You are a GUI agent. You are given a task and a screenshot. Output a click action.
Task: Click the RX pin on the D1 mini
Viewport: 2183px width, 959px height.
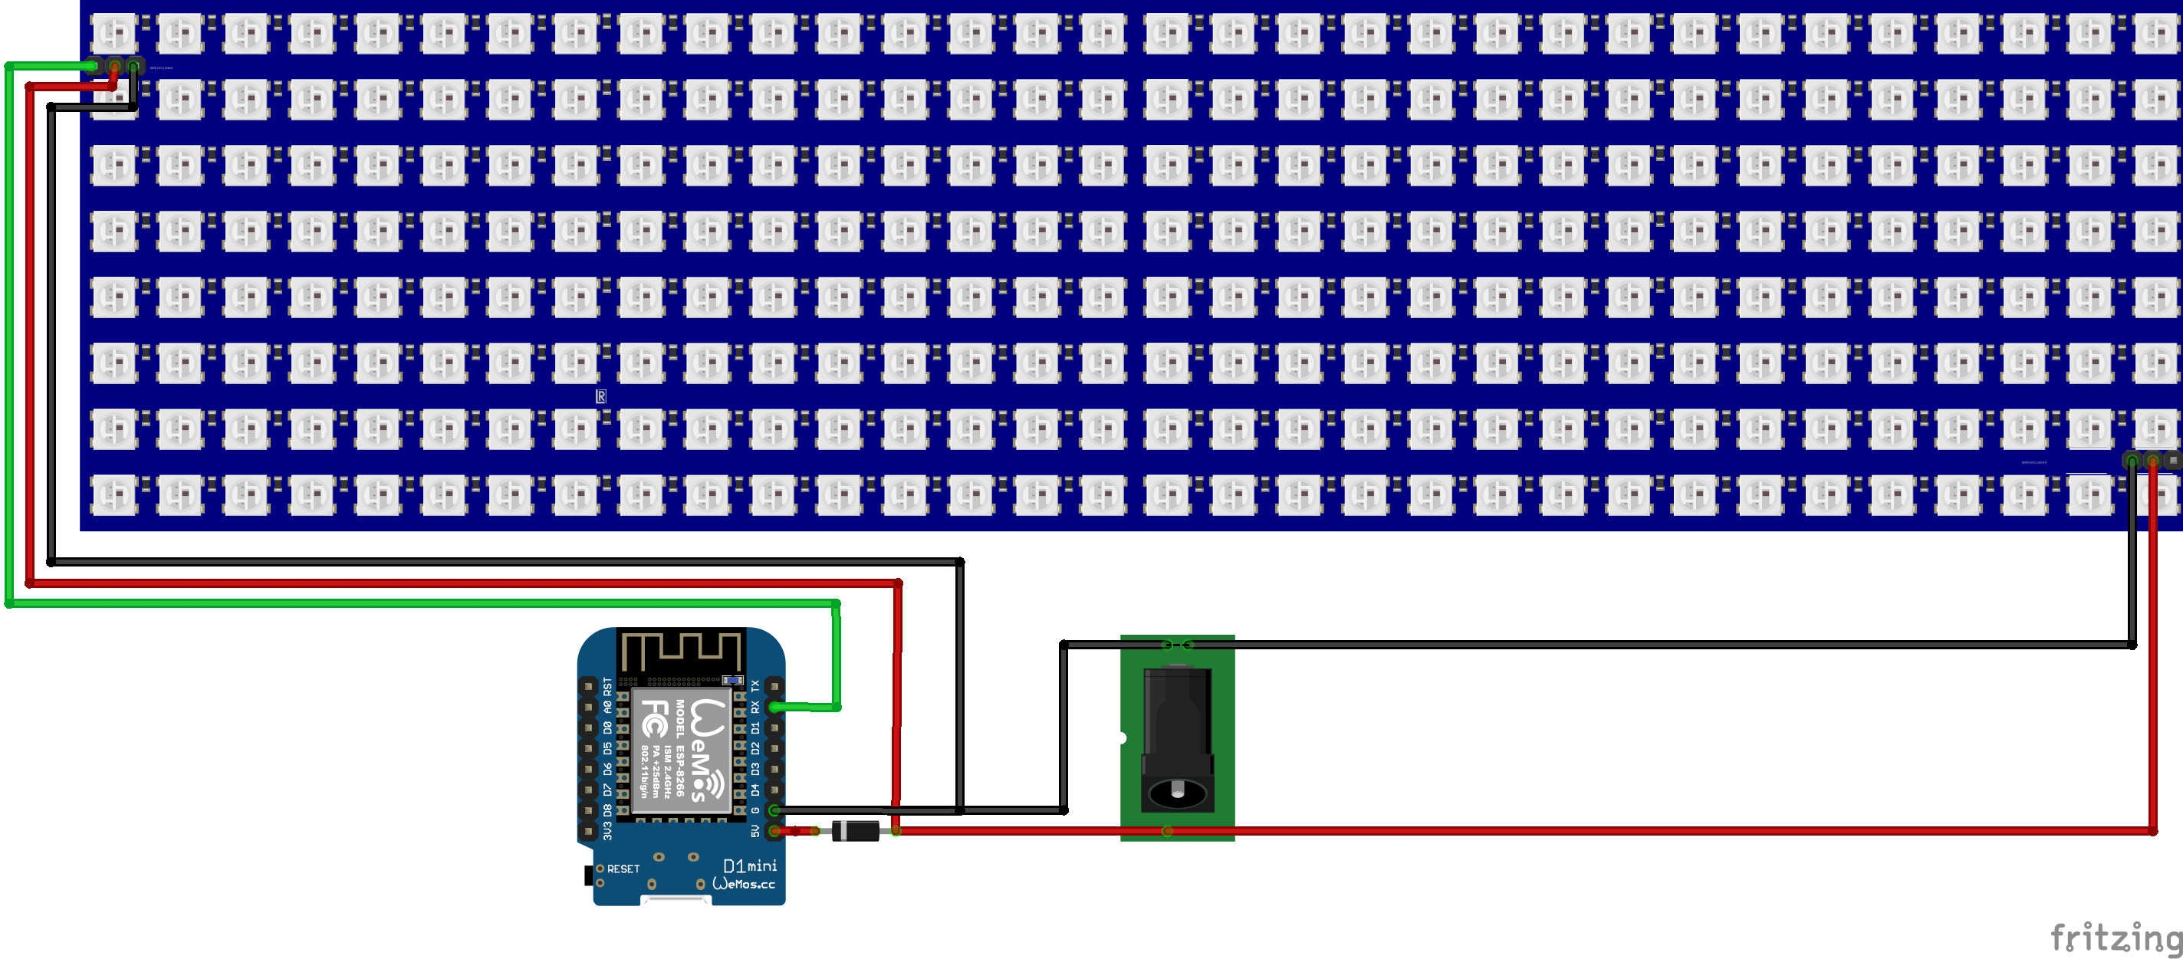(x=774, y=707)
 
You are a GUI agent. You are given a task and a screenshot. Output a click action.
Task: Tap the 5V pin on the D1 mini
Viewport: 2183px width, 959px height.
(x=774, y=831)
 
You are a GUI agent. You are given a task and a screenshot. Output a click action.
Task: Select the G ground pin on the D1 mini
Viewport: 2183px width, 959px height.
(x=774, y=811)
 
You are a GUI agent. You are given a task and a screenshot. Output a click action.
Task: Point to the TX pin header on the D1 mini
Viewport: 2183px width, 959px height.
(x=774, y=685)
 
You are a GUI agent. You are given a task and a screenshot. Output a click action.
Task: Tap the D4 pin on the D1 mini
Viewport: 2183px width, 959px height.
(x=774, y=790)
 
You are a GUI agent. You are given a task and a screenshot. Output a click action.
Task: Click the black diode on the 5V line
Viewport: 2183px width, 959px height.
(x=855, y=831)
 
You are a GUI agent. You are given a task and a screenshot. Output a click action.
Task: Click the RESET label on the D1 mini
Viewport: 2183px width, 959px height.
(x=623, y=869)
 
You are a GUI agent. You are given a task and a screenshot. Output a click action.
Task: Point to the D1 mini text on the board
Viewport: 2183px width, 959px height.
(x=750, y=865)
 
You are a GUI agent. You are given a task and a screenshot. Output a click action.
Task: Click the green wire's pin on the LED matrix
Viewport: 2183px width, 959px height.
(x=94, y=65)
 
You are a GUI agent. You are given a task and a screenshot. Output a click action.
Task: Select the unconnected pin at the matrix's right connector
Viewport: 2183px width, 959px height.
(x=2174, y=460)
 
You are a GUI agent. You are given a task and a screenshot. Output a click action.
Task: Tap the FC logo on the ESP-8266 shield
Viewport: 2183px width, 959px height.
(x=653, y=718)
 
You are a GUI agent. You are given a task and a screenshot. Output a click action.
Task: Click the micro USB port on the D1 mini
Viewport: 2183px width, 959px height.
(x=676, y=899)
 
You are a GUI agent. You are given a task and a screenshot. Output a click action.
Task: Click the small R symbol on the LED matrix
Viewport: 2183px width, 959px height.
(x=601, y=396)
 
